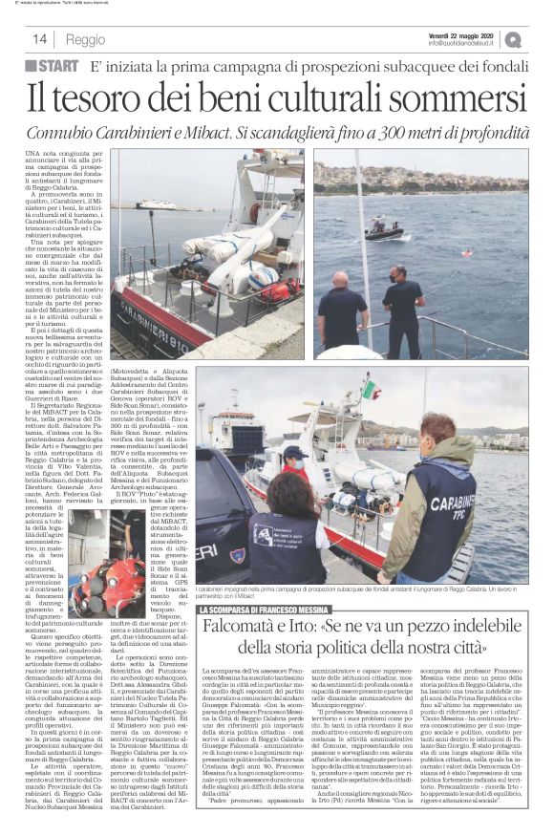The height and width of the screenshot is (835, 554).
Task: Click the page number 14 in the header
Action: tap(41, 39)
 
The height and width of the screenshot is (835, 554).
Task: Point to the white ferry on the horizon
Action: tap(153, 203)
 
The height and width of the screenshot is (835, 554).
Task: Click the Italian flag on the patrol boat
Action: tap(369, 390)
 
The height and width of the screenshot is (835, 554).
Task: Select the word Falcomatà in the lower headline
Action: tap(243, 631)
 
